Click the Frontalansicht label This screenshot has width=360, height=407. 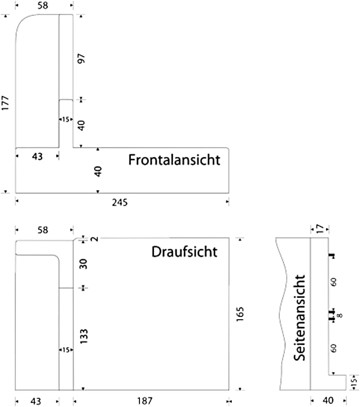tap(174, 160)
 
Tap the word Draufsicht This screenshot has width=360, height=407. tap(184, 251)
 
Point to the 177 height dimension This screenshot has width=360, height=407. tap(6, 103)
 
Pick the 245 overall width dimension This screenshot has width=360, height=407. tap(120, 202)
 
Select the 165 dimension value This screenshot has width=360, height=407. tap(241, 315)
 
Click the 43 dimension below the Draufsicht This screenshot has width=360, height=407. tap(37, 401)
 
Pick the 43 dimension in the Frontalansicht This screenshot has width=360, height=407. tap(37, 157)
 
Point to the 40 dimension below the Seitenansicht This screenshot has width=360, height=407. tap(328, 400)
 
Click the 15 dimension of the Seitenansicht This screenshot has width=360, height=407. tap(353, 382)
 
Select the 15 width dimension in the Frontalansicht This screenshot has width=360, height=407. tap(65, 120)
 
